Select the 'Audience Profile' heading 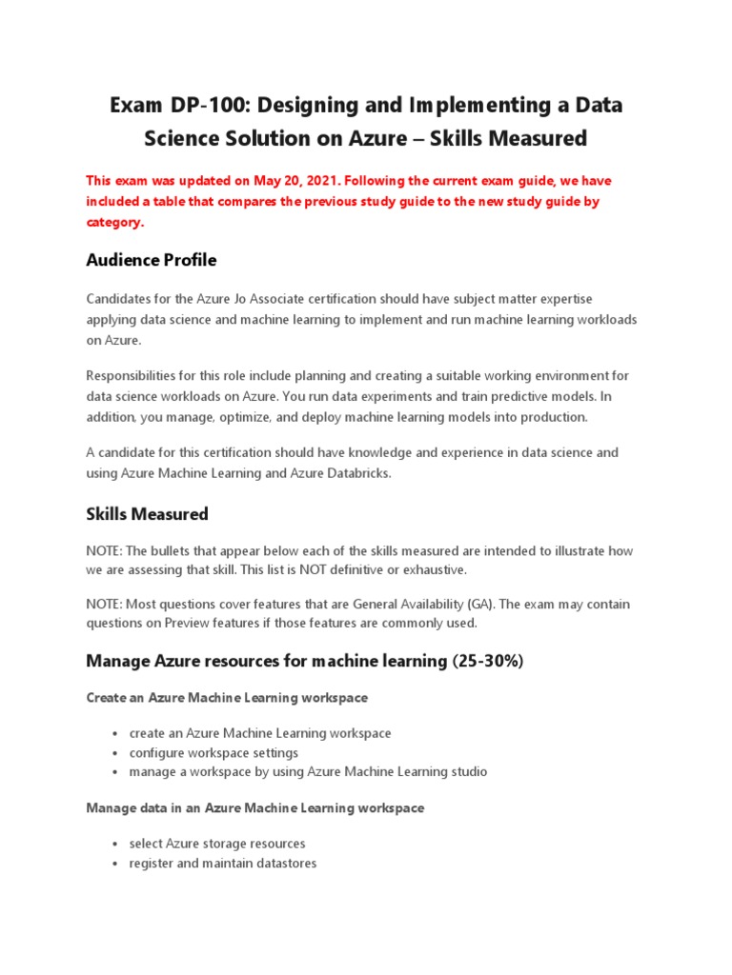pos(152,260)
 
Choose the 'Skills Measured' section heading pos(147,514)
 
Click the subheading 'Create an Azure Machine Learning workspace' pos(227,698)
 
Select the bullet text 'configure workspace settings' pos(213,752)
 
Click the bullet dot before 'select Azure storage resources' pos(114,845)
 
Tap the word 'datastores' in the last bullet pos(285,863)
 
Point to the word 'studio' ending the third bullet pos(467,771)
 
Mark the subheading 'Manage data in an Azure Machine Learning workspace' pos(255,807)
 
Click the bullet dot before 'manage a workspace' pos(114,772)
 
